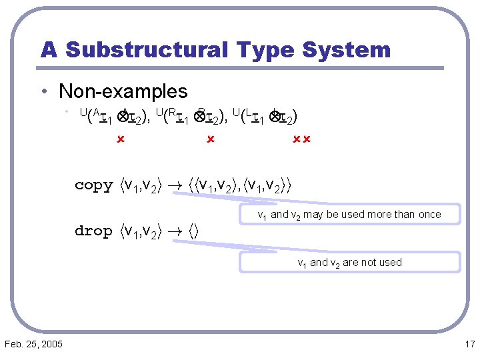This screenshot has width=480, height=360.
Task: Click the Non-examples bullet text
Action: pyautogui.click(x=123, y=91)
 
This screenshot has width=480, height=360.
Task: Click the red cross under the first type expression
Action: pyautogui.click(x=121, y=140)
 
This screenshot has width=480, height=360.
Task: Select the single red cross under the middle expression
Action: pyautogui.click(x=209, y=140)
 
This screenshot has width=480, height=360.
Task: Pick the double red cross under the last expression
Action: pyautogui.click(x=302, y=140)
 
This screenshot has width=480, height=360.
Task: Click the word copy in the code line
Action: pyautogui.click(x=94, y=185)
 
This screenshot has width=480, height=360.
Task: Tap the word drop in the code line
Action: pyautogui.click(x=93, y=231)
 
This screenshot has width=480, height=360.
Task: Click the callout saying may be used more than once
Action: pyautogui.click(x=349, y=215)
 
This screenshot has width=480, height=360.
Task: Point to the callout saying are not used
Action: pyautogui.click(x=349, y=263)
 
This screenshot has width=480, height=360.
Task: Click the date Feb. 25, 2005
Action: pyautogui.click(x=33, y=344)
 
